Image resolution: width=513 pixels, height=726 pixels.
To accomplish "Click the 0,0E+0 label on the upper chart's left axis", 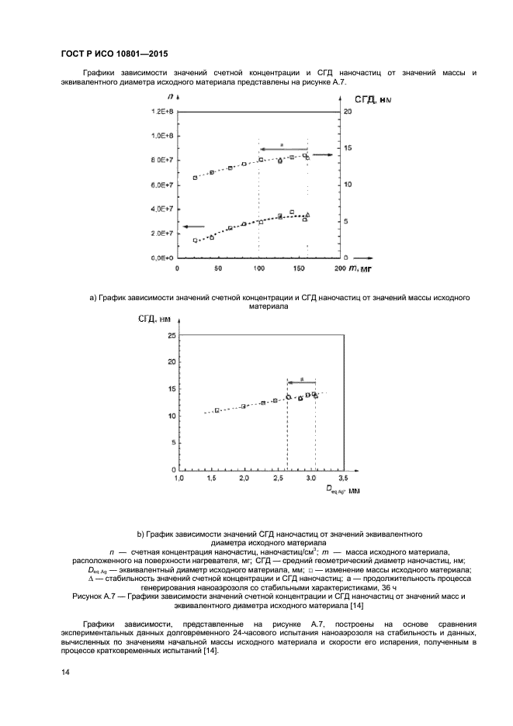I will click(161, 258).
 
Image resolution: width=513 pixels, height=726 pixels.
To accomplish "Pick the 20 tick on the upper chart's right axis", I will click(348, 112).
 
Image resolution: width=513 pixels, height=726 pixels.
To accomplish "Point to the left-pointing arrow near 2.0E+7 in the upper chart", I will click(193, 226).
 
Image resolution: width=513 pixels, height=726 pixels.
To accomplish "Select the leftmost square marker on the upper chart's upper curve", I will click(195, 178).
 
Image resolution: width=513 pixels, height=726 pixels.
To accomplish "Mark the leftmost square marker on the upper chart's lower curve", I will click(195, 240).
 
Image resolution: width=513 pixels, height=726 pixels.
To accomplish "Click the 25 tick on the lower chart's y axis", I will click(170, 335).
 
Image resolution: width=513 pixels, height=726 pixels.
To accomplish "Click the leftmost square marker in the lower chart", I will click(217, 410).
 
